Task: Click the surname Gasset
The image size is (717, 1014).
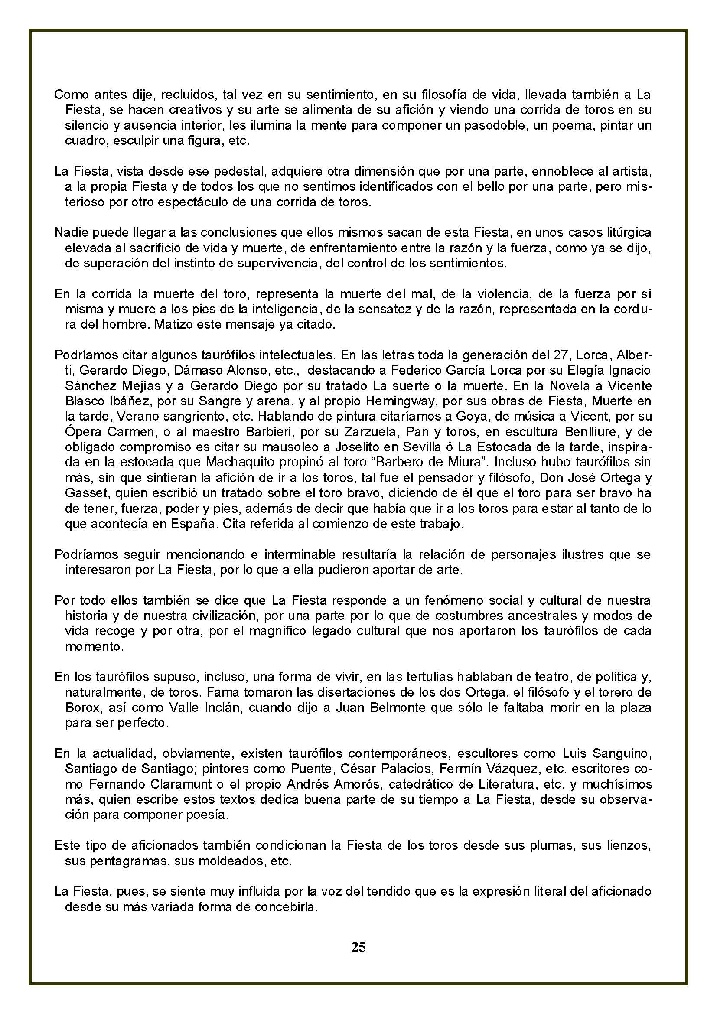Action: point(82,493)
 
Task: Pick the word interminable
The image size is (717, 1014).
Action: point(304,554)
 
